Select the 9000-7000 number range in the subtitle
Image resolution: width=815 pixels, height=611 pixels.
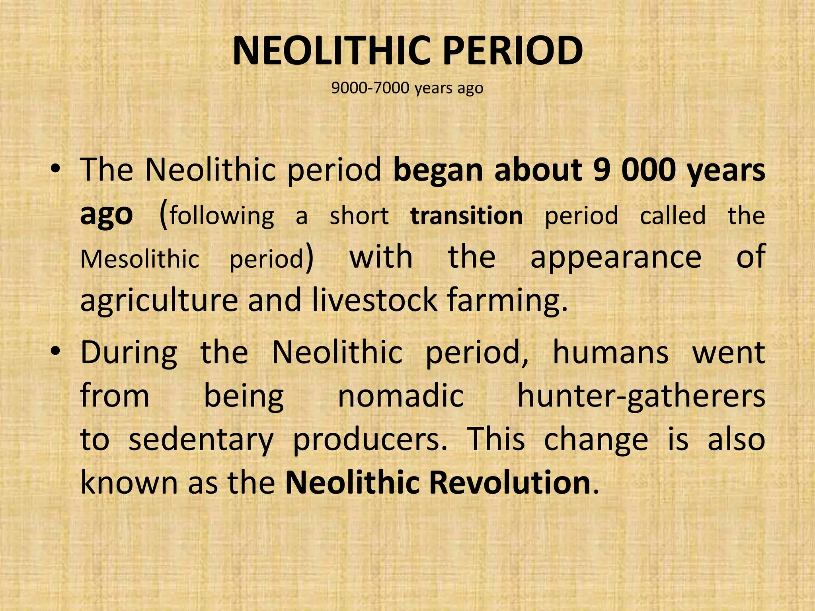pyautogui.click(x=370, y=88)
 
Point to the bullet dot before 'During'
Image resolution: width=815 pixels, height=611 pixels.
pyautogui.click(x=55, y=352)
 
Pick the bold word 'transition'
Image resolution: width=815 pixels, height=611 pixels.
pyautogui.click(x=466, y=216)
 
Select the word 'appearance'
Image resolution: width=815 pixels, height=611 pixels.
pyautogui.click(x=616, y=258)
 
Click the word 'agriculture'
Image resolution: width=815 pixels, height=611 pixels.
pyautogui.click(x=159, y=301)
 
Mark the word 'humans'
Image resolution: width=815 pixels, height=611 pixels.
pyautogui.click(x=610, y=352)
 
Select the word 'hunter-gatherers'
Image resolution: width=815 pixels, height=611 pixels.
pyautogui.click(x=641, y=397)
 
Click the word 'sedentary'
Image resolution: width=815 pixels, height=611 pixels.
pyautogui.click(x=201, y=440)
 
